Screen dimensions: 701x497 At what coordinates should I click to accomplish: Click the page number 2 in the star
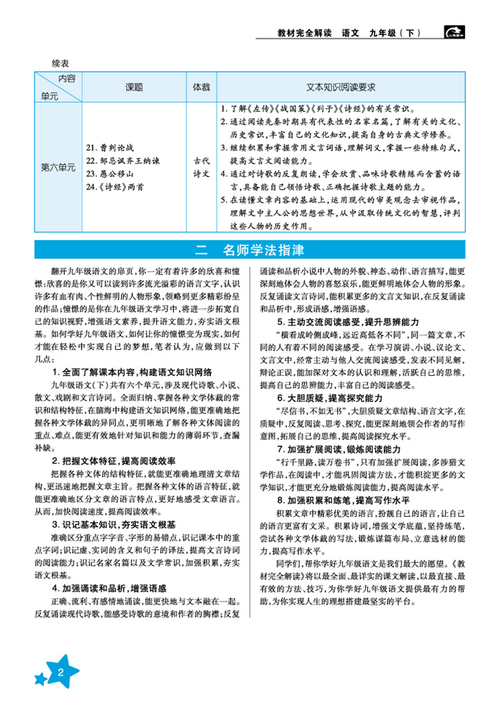point(60,674)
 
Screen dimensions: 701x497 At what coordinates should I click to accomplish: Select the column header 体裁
point(201,87)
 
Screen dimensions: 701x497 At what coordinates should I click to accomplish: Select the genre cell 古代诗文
point(201,168)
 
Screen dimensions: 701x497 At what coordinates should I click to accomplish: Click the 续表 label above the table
point(60,63)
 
